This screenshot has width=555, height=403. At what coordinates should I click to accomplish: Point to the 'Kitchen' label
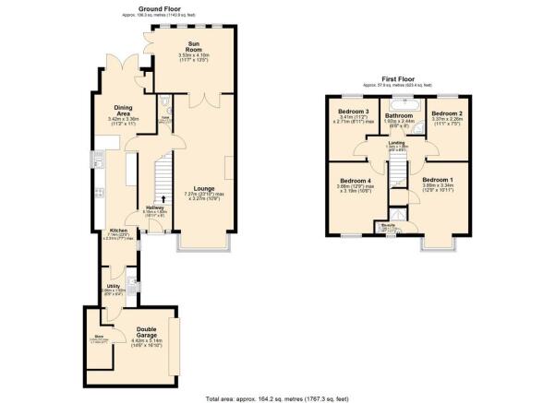coord(118,230)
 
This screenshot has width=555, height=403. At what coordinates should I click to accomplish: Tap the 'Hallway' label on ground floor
coord(155,207)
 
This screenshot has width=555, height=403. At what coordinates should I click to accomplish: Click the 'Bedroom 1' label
coord(438,179)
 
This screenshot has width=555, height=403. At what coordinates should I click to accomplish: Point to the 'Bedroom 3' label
coord(355,113)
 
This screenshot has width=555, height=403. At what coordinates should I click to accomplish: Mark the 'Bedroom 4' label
coord(355,181)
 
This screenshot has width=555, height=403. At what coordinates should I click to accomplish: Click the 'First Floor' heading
coord(402,80)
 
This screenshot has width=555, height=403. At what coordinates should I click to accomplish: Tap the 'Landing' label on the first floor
coord(398,143)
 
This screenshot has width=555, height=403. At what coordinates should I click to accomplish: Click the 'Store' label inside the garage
coord(97,337)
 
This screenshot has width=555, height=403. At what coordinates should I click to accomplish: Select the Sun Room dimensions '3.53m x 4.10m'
coord(194,55)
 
